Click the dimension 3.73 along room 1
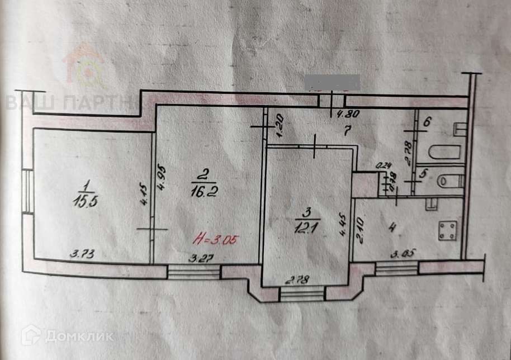82,255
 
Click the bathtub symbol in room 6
444,153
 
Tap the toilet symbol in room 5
451,181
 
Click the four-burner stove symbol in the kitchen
447,231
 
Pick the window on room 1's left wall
26,190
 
